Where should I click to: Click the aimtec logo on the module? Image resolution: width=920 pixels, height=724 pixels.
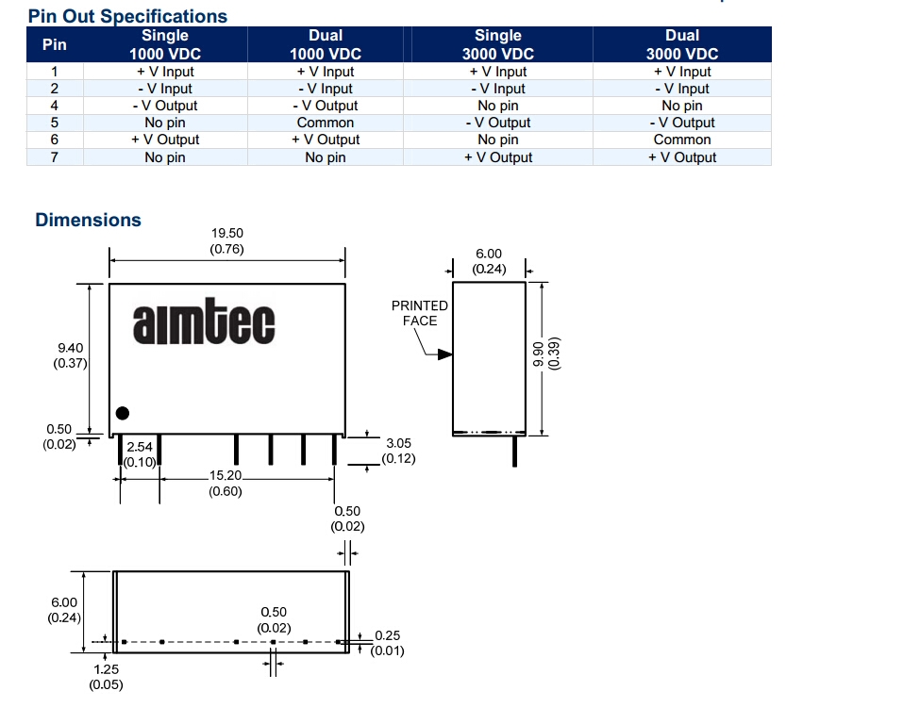point(204,321)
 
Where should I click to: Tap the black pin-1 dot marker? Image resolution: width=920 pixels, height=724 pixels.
point(123,413)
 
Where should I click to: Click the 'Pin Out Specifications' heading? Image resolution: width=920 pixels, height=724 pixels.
point(127,16)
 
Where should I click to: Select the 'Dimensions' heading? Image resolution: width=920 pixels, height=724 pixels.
point(88,220)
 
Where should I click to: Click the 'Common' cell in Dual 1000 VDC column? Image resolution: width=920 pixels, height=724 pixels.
point(325,123)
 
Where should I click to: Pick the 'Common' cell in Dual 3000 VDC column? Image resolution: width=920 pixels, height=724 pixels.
point(682,140)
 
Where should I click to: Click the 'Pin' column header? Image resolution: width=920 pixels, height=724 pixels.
point(55,44)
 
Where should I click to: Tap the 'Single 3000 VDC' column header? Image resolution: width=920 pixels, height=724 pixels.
point(497,44)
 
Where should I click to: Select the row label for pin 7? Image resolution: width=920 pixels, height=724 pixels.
point(55,157)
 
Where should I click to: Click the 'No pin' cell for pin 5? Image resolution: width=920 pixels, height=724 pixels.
point(165,123)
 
